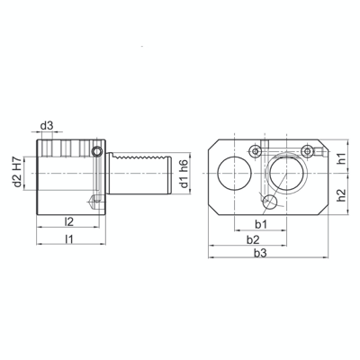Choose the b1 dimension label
click(261, 222)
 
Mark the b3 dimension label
click(262, 256)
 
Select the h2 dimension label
click(341, 195)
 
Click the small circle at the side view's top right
click(98, 152)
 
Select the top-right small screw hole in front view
click(309, 148)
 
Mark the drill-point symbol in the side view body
click(94, 201)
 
